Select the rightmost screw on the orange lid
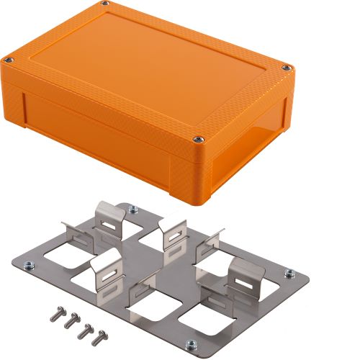(287, 68)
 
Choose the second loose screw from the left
(71, 321)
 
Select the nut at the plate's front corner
(190, 345)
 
